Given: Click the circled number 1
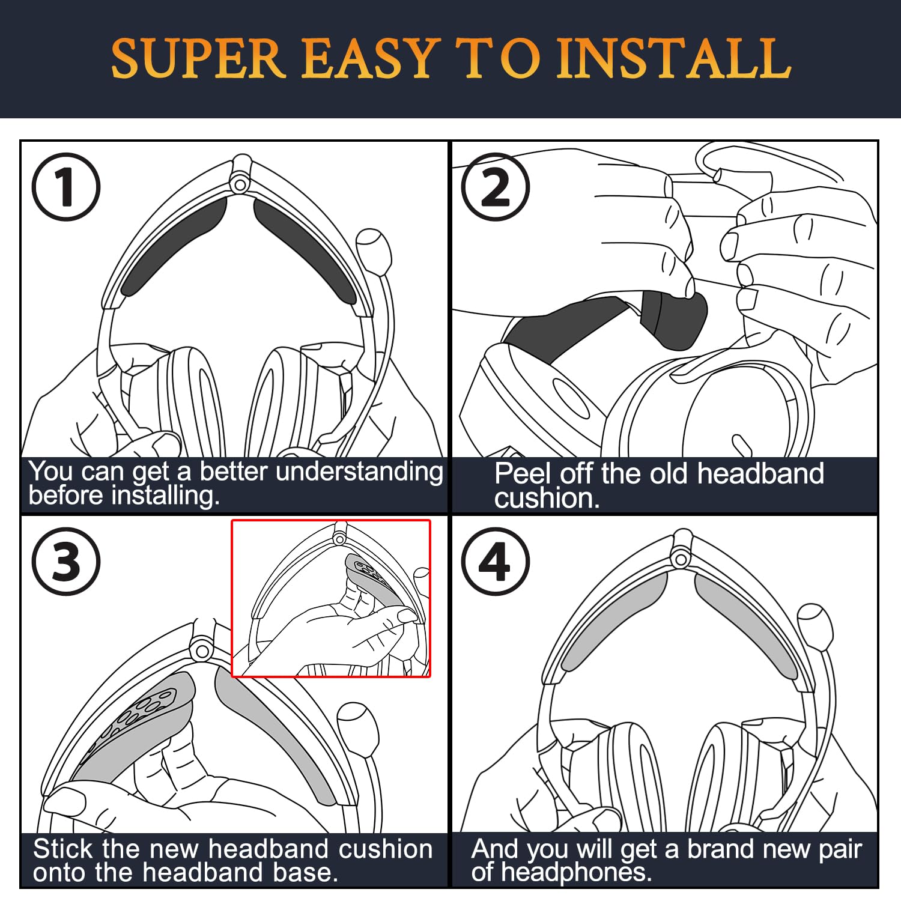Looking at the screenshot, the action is pos(65,187).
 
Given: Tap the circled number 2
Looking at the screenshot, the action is pos(496,187).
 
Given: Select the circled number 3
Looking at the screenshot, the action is pos(65,562).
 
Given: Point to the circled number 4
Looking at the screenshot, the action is pos(496,562).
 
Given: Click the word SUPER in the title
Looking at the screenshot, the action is pos(198,58).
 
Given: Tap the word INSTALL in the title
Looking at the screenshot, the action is pos(674,58).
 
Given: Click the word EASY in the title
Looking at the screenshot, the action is pos(368,58).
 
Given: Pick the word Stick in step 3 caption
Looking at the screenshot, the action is pos(63,849).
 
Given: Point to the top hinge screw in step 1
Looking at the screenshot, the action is pos(240,183).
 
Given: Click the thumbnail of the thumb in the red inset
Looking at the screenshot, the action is pos(407,614).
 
